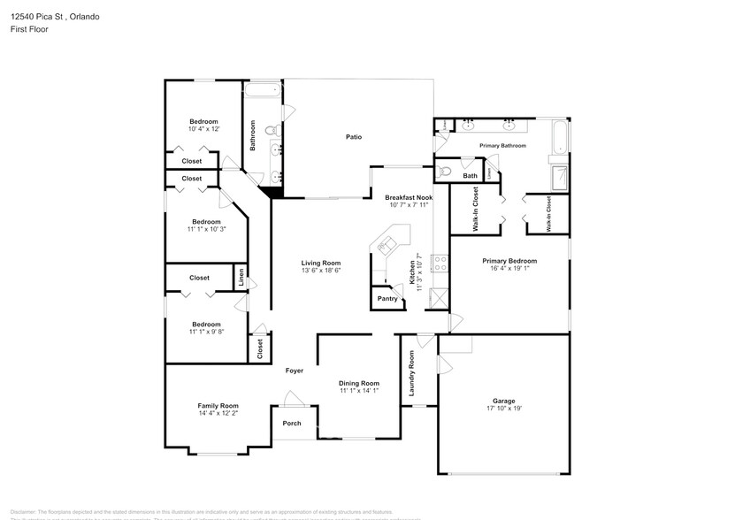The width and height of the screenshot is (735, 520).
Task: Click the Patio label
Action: (x=354, y=137)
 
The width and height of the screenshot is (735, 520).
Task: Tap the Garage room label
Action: (x=503, y=401)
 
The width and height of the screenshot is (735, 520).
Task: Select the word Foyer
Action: (x=295, y=371)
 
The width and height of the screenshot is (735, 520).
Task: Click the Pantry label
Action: (x=387, y=299)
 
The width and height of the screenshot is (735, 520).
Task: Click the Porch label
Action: (x=292, y=424)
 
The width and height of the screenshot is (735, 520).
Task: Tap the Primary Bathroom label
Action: (x=502, y=145)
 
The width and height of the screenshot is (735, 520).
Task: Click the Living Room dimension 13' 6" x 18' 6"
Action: (x=321, y=271)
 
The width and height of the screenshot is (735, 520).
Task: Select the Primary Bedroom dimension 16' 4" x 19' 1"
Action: (x=509, y=269)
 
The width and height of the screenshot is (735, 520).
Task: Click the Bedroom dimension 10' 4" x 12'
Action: (x=203, y=129)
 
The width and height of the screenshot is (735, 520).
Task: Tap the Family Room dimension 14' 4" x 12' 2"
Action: (x=218, y=413)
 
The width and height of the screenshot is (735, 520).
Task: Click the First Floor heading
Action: (x=29, y=29)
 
